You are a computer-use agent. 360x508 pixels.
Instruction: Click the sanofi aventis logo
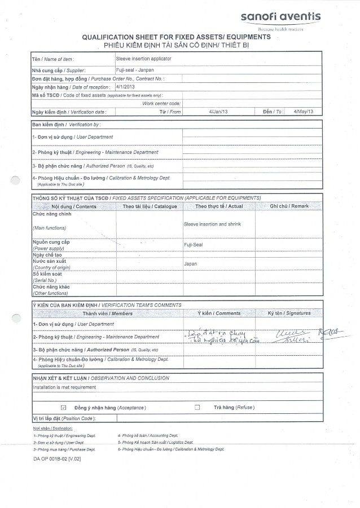tap(280, 18)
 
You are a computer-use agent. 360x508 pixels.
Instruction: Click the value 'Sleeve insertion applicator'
tap(143, 59)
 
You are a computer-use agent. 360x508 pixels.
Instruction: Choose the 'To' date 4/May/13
tap(304, 112)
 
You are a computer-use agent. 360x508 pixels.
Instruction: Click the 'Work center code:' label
tap(161, 104)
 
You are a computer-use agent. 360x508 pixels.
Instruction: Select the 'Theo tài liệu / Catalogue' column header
tap(150, 206)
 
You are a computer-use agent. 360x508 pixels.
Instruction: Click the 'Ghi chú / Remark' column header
tap(289, 206)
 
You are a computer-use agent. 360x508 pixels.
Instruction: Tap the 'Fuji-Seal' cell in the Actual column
tap(193, 245)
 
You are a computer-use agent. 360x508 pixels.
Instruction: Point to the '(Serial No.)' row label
tap(45, 280)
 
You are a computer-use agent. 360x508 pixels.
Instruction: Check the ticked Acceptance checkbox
tap(63, 407)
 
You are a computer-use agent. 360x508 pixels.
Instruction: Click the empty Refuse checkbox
tap(197, 407)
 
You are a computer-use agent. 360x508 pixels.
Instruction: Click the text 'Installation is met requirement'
tap(64, 387)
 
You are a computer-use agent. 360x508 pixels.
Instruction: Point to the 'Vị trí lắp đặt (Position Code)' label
tap(64, 418)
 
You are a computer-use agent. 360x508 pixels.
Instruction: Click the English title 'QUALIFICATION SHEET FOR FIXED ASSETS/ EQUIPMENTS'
tap(176, 37)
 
